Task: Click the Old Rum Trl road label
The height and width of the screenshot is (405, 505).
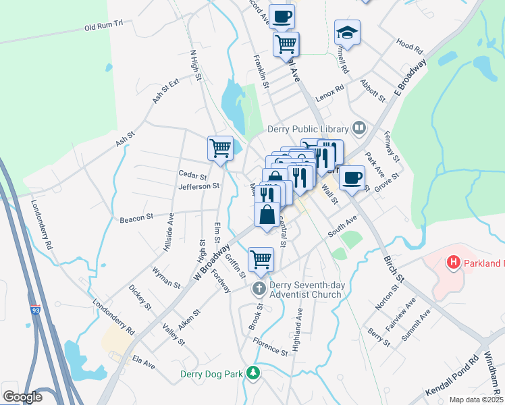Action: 104,26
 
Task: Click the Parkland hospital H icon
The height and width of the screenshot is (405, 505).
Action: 454,262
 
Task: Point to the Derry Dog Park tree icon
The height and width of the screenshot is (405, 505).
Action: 252,373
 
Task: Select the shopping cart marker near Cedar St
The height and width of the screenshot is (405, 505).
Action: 220,148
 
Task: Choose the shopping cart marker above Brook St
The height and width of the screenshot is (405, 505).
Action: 261,259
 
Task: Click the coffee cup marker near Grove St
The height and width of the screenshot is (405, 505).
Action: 351,178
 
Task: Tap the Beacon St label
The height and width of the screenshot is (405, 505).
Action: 138,218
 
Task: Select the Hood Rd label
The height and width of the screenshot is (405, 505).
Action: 409,45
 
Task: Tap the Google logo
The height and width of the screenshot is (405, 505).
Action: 22,397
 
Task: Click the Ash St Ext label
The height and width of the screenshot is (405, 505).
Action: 166,90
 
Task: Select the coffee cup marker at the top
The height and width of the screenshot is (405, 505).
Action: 282,16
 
